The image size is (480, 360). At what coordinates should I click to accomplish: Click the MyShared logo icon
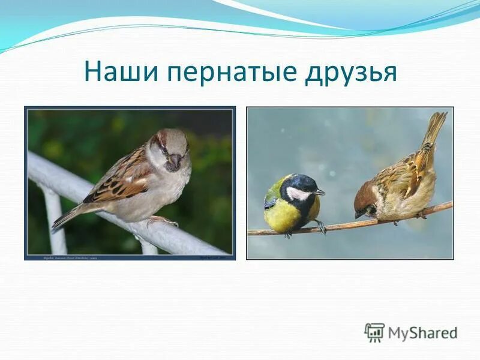click(374, 332)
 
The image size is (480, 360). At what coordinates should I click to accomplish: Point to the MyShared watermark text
click(422, 332)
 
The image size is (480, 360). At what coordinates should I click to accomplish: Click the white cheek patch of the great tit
click(297, 193)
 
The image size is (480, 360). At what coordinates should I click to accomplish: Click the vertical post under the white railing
click(56, 222)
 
